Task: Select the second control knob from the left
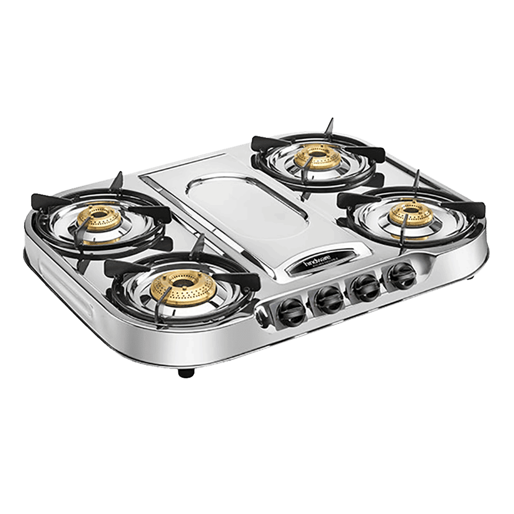326,300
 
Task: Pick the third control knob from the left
365,288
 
